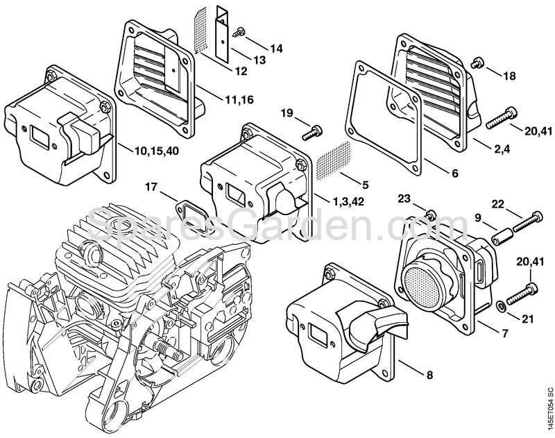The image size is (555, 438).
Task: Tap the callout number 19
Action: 287,113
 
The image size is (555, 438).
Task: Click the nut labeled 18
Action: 476,63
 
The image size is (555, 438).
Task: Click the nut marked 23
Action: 431,212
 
